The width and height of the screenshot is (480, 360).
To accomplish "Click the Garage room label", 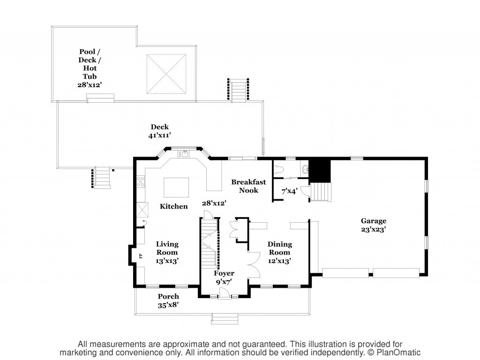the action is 373,225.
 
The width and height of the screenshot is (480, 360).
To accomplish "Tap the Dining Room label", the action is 279,253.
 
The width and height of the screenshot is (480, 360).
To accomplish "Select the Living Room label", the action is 167,253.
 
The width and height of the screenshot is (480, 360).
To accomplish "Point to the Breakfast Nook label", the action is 248,186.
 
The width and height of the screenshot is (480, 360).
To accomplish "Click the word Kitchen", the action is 173,206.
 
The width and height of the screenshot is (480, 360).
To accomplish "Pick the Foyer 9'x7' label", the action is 224,277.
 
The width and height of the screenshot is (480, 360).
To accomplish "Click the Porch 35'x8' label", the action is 168,300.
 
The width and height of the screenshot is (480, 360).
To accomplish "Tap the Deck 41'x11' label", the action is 159,131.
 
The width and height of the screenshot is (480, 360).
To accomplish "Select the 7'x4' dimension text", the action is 289,192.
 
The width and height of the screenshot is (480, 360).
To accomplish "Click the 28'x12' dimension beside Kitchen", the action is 214,203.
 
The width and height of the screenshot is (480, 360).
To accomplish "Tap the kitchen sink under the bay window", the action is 185,153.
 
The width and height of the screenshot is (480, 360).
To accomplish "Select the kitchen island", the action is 176,187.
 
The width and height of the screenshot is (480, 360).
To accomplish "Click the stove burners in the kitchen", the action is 141,181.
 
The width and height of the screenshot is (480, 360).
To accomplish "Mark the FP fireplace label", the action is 141,256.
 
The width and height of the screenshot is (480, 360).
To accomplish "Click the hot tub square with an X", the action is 166,74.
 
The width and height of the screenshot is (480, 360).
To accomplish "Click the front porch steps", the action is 225,319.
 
